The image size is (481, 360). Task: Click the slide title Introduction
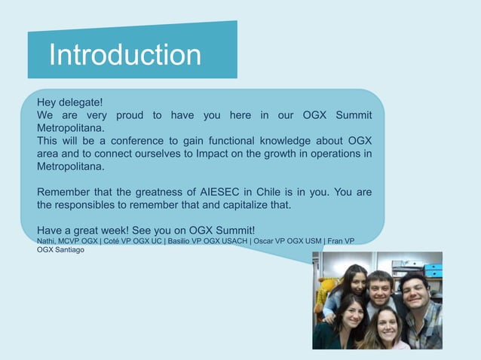[125, 55]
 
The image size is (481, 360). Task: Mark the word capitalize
[255, 205]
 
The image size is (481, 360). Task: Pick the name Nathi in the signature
[46, 240]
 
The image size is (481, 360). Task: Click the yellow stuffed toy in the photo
[325, 290]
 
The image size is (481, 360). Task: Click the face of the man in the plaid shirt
[414, 290]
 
